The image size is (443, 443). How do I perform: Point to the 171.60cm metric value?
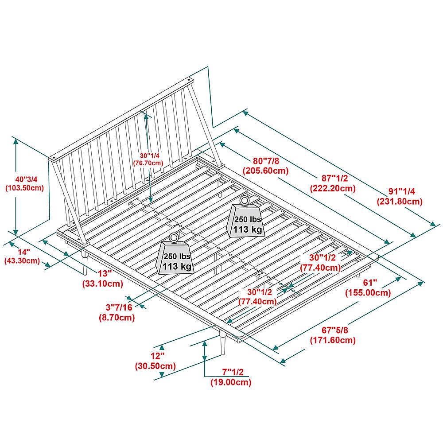[333, 340]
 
